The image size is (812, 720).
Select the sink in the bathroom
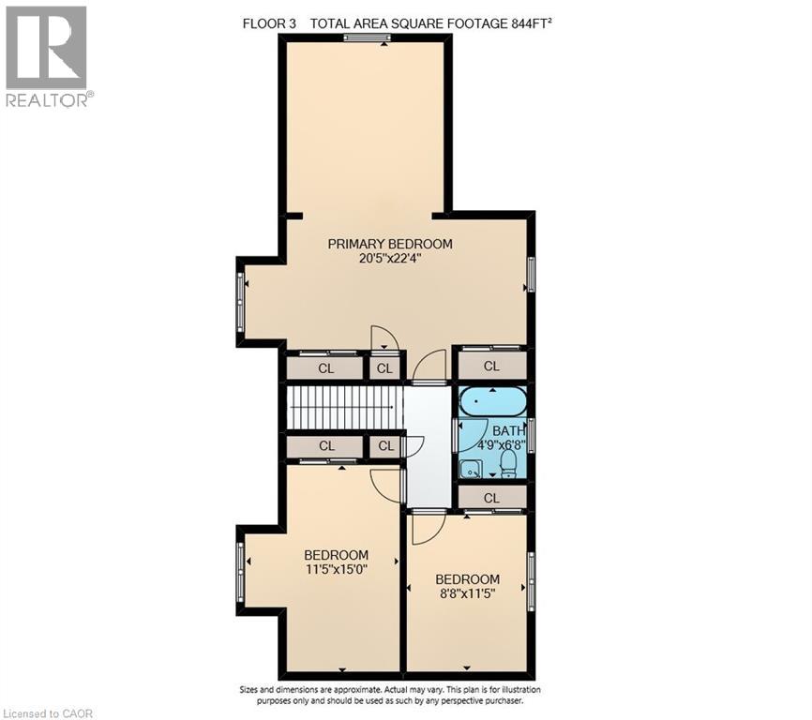point(470,465)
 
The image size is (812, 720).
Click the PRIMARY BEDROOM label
point(389,244)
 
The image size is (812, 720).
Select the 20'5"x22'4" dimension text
point(389,260)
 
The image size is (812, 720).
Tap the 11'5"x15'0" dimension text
point(336,569)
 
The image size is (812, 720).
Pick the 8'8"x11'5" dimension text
point(467,593)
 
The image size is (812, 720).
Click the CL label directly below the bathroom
point(492,497)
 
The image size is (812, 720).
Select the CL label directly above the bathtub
point(492,367)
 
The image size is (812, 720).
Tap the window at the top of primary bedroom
point(367,37)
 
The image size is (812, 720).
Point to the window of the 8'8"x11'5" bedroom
point(532,581)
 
